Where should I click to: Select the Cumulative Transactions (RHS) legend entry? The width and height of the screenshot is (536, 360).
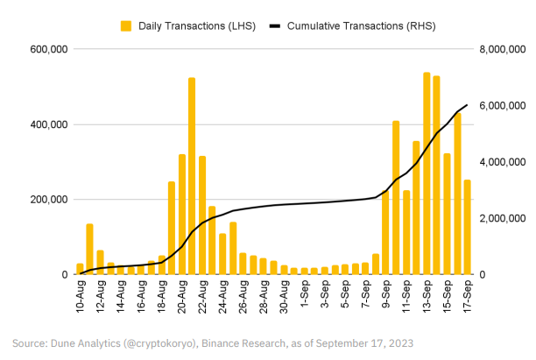click(x=347, y=27)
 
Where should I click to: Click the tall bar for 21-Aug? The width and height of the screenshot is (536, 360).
click(x=192, y=175)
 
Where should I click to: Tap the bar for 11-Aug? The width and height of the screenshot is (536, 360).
click(x=89, y=249)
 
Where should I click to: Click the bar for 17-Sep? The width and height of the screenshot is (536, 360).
click(x=467, y=227)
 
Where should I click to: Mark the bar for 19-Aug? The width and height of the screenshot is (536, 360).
click(x=172, y=228)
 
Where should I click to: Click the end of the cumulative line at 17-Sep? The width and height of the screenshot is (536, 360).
click(x=467, y=105)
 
